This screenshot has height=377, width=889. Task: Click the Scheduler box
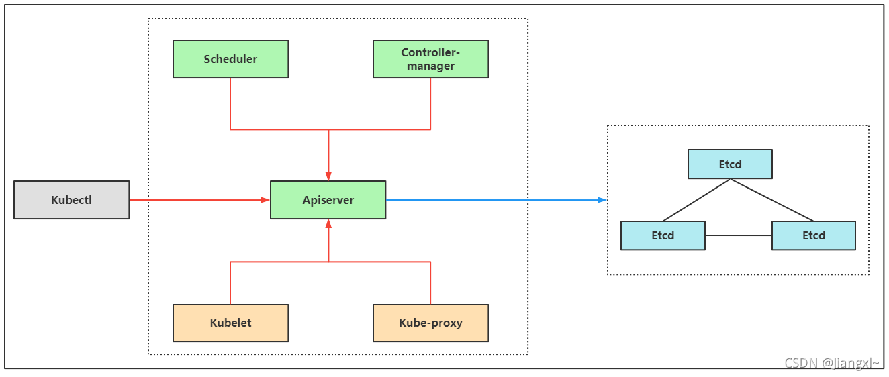click(x=230, y=59)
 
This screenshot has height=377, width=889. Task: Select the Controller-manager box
click(x=430, y=59)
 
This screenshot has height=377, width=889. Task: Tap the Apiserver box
click(x=328, y=200)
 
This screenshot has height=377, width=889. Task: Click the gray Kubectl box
click(x=71, y=200)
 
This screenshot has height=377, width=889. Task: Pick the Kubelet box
click(x=230, y=323)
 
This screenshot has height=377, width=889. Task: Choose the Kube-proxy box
click(x=430, y=323)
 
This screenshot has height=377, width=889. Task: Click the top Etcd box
click(x=730, y=164)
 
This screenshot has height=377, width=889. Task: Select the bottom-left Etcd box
click(x=663, y=235)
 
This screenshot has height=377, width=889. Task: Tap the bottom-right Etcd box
click(x=814, y=235)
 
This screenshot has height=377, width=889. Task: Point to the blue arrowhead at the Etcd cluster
click(x=602, y=200)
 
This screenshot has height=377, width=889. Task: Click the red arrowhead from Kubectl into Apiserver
click(x=265, y=200)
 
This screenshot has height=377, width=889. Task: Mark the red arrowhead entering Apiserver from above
click(x=328, y=176)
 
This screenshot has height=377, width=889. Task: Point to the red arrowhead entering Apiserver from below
click(x=328, y=224)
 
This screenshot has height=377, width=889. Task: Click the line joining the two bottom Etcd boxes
click(x=739, y=235)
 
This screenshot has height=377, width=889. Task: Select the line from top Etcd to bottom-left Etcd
click(x=696, y=200)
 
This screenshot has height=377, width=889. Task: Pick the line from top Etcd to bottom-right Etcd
click(x=772, y=200)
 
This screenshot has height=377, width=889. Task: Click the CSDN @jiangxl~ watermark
click(x=831, y=363)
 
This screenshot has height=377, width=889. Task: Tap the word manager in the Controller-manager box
click(x=430, y=66)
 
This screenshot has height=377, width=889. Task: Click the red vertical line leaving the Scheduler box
click(x=230, y=104)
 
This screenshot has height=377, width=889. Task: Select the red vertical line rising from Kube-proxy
click(x=430, y=283)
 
